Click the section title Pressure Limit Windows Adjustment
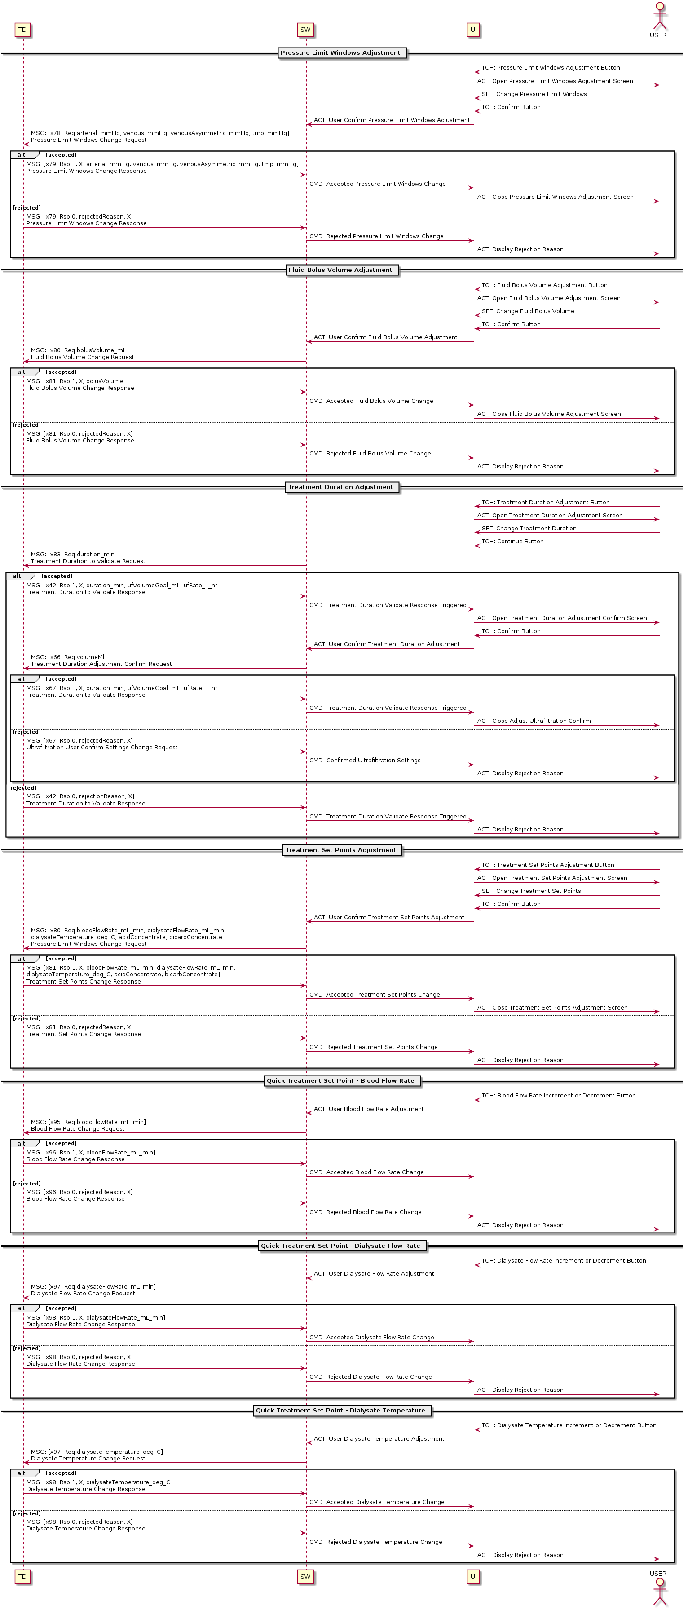tap(340, 53)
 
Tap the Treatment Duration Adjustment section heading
tap(340, 487)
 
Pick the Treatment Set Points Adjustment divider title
tap(340, 850)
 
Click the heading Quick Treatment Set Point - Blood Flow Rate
tap(340, 1080)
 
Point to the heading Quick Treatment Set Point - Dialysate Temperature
tap(340, 1410)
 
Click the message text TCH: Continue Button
tap(512, 542)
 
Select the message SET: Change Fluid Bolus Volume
tap(528, 311)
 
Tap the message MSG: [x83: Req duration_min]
tap(74, 555)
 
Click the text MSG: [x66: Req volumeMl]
tap(69, 657)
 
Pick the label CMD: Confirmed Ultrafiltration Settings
tap(365, 760)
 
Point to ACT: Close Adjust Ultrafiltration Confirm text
tap(534, 721)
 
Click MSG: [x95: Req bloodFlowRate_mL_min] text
tap(88, 1122)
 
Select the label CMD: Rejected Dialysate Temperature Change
tap(375, 1542)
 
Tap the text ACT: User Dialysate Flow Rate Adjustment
tap(374, 1273)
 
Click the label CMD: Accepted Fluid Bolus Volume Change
tap(371, 401)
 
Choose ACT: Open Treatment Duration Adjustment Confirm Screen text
tap(562, 618)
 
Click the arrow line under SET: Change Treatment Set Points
tap(567, 896)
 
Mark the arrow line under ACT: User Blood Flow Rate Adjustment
tap(390, 1113)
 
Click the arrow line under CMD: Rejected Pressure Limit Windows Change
tap(390, 240)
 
